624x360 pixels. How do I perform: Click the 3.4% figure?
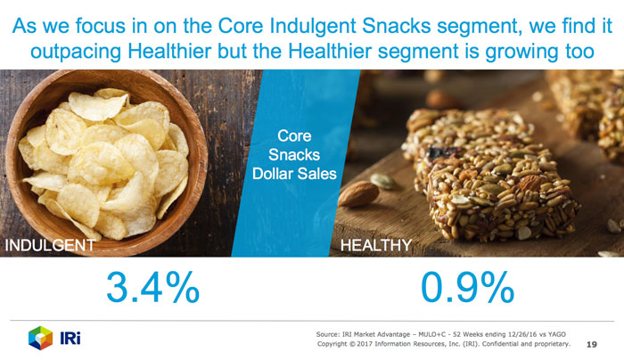tap(152, 287)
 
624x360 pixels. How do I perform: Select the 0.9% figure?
tap(468, 287)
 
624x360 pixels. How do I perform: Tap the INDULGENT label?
tap(50, 245)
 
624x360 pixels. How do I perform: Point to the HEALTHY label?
tap(376, 245)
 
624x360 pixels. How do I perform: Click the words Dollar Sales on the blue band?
tap(294, 174)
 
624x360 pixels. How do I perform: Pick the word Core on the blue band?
tap(294, 135)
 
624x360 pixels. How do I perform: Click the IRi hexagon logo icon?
tap(41, 338)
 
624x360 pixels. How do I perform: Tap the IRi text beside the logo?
tap(70, 338)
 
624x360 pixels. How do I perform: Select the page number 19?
tap(592, 345)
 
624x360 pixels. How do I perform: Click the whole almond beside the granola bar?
tap(358, 193)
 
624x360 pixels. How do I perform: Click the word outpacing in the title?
tap(76, 52)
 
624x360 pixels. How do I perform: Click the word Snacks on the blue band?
tap(294, 154)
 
